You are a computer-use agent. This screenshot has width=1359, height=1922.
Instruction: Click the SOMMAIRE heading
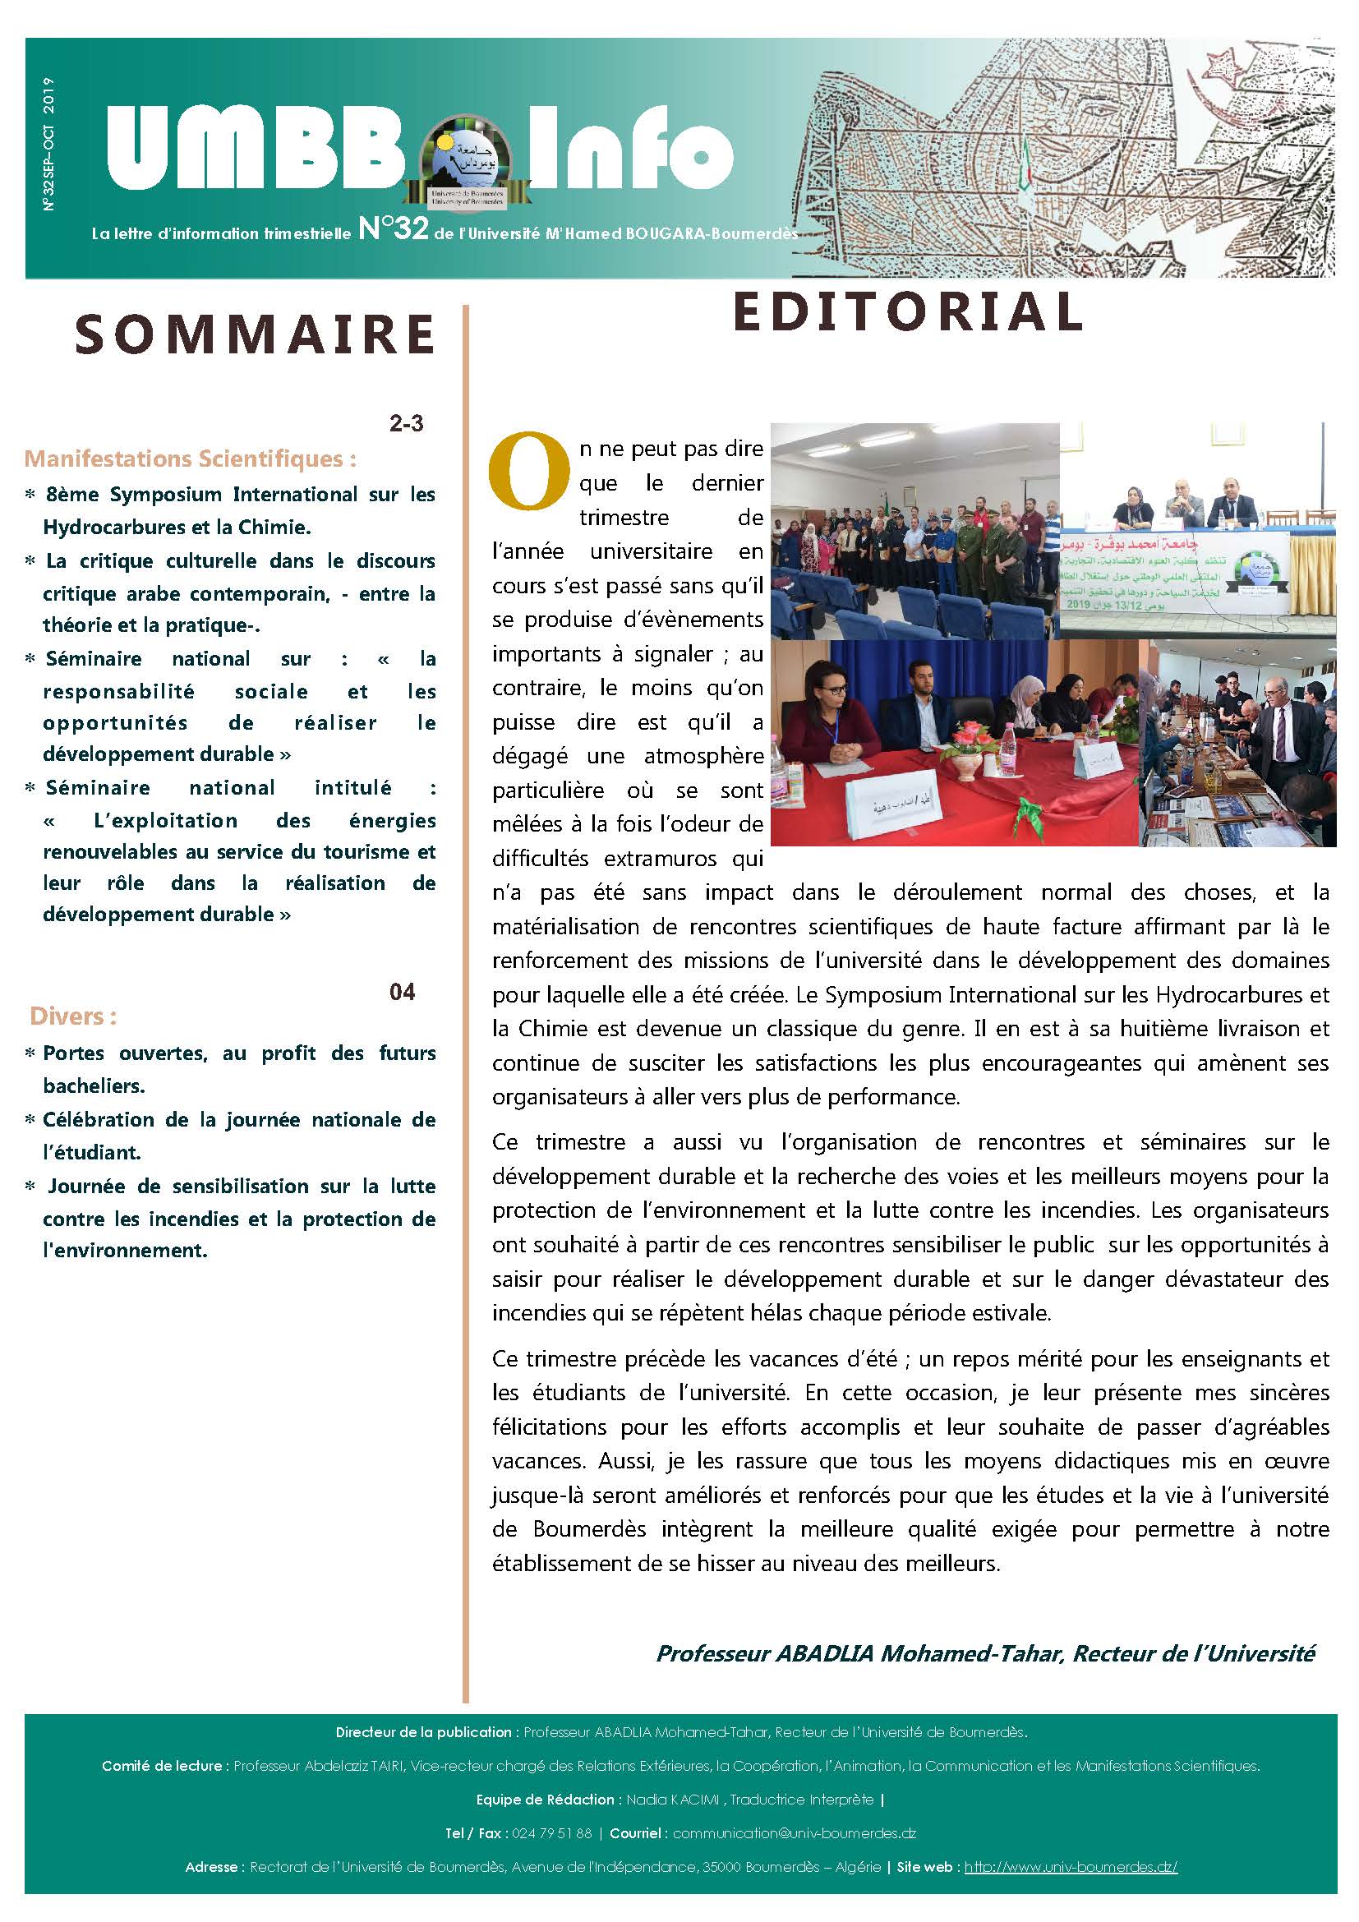pyautogui.click(x=255, y=334)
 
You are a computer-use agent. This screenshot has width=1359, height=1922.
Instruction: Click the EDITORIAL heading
pyautogui.click(x=907, y=311)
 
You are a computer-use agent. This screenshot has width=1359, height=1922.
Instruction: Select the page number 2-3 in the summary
pyautogui.click(x=406, y=423)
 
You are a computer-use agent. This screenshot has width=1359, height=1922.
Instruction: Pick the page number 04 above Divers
pyautogui.click(x=402, y=993)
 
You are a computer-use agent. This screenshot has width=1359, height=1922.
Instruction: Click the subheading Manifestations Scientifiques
pyautogui.click(x=190, y=459)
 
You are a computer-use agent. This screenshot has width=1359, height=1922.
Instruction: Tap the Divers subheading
pyautogui.click(x=73, y=1016)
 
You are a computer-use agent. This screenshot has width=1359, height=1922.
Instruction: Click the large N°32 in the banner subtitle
pyautogui.click(x=393, y=228)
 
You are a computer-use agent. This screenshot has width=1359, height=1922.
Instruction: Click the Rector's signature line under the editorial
pyautogui.click(x=985, y=1653)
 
